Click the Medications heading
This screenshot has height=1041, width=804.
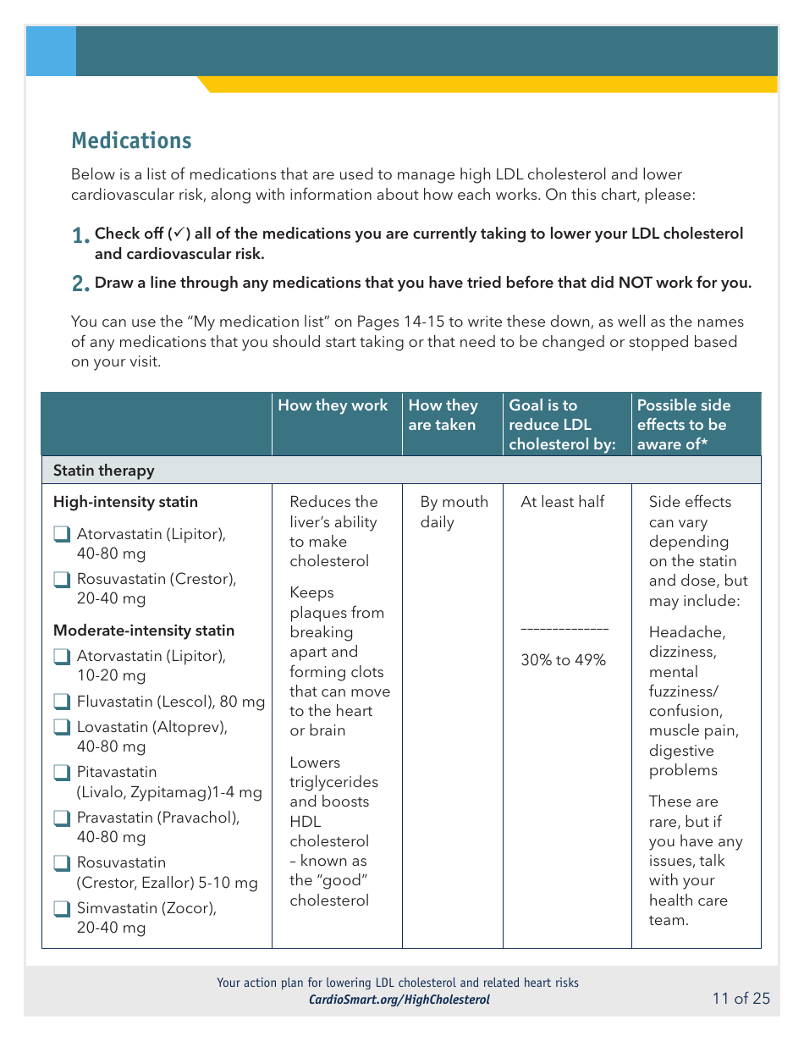(x=131, y=140)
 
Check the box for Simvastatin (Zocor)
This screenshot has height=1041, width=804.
(x=61, y=909)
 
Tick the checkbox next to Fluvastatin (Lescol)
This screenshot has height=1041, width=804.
(x=61, y=702)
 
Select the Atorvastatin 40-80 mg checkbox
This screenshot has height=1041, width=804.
(x=61, y=535)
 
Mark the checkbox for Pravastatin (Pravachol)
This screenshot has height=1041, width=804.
(x=61, y=818)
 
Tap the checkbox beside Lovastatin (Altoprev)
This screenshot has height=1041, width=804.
(x=61, y=727)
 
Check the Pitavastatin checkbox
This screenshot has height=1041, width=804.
(x=61, y=773)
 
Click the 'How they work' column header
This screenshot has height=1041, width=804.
(x=333, y=405)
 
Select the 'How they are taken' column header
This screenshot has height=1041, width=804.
(x=443, y=415)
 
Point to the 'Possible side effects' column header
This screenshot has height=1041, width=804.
(x=683, y=424)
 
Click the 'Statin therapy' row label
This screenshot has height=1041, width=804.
(x=103, y=471)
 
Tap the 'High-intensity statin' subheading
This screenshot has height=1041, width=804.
(x=125, y=502)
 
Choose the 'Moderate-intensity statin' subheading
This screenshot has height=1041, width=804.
(x=143, y=631)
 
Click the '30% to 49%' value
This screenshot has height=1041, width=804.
(x=563, y=660)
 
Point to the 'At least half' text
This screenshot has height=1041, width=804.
(x=562, y=502)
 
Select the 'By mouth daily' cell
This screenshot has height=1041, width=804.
(x=454, y=511)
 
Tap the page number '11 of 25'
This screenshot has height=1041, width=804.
(x=741, y=999)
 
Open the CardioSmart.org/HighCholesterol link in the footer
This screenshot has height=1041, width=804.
(x=399, y=1000)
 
